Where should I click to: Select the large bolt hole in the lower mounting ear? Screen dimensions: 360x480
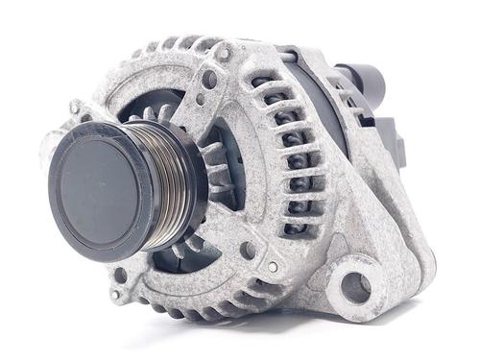(x=354, y=285)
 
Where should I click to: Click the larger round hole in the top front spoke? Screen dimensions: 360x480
(x=209, y=79)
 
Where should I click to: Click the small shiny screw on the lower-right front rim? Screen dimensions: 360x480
(x=273, y=267)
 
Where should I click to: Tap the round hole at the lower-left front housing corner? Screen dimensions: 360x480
(x=120, y=276)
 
